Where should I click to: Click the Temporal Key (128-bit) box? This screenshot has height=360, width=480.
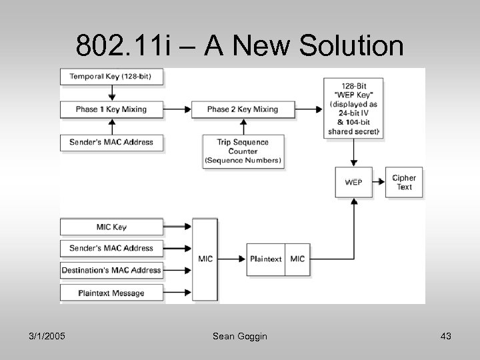(111, 77)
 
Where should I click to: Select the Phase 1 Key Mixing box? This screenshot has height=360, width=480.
(111, 109)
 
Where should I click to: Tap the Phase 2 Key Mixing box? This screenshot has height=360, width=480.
(242, 109)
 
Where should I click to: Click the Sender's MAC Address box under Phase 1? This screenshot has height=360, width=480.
(111, 142)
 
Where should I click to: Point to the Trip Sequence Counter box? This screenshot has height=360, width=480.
(242, 151)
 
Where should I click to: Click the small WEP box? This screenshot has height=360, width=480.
(354, 183)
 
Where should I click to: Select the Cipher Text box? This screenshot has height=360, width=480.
(403, 183)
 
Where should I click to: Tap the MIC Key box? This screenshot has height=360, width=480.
(111, 227)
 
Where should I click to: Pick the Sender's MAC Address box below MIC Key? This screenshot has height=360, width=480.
(111, 248)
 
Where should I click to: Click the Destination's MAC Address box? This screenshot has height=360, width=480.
(111, 270)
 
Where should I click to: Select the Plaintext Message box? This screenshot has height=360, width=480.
(111, 292)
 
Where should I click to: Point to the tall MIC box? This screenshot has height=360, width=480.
(205, 259)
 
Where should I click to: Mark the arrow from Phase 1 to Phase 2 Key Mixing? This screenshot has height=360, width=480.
(177, 109)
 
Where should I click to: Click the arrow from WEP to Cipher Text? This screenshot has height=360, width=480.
(378, 183)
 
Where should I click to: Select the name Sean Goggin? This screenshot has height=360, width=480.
(239, 337)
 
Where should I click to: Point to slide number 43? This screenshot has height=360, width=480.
(445, 337)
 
